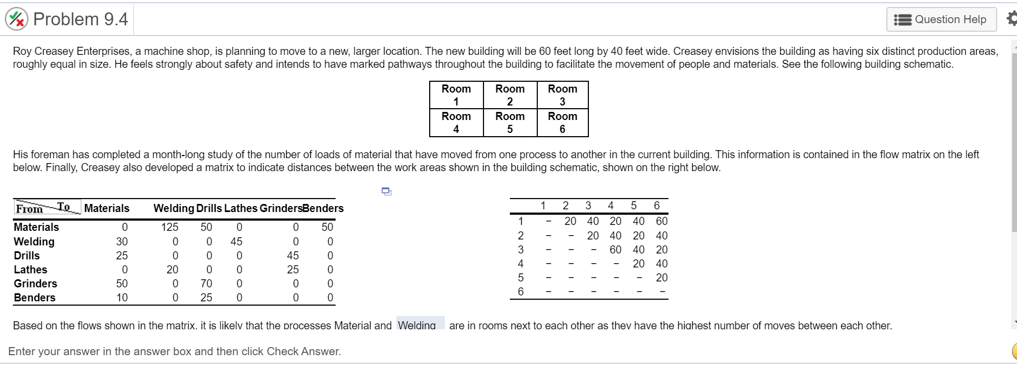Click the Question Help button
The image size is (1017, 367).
tap(941, 19)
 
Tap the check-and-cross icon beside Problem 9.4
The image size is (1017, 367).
tap(17, 19)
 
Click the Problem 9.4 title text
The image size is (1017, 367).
tap(81, 19)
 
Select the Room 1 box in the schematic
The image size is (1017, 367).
tap(456, 95)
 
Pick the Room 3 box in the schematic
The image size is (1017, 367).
tap(563, 95)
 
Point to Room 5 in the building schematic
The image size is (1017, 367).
tap(510, 123)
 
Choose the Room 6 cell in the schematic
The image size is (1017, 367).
tap(563, 123)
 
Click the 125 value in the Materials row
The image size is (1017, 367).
tap(170, 227)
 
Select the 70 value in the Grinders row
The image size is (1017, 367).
tap(206, 284)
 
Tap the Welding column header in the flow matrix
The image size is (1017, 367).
tap(174, 208)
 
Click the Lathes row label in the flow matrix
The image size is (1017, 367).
tap(31, 270)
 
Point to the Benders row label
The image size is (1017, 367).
tap(34, 298)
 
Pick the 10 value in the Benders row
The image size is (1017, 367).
tap(122, 298)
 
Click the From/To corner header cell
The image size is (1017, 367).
tap(47, 208)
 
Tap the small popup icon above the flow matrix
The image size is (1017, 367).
tap(386, 191)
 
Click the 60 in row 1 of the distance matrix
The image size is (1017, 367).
tap(662, 221)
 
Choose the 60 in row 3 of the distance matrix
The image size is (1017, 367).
tap(615, 250)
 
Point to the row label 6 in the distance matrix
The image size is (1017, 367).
tap(521, 292)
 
